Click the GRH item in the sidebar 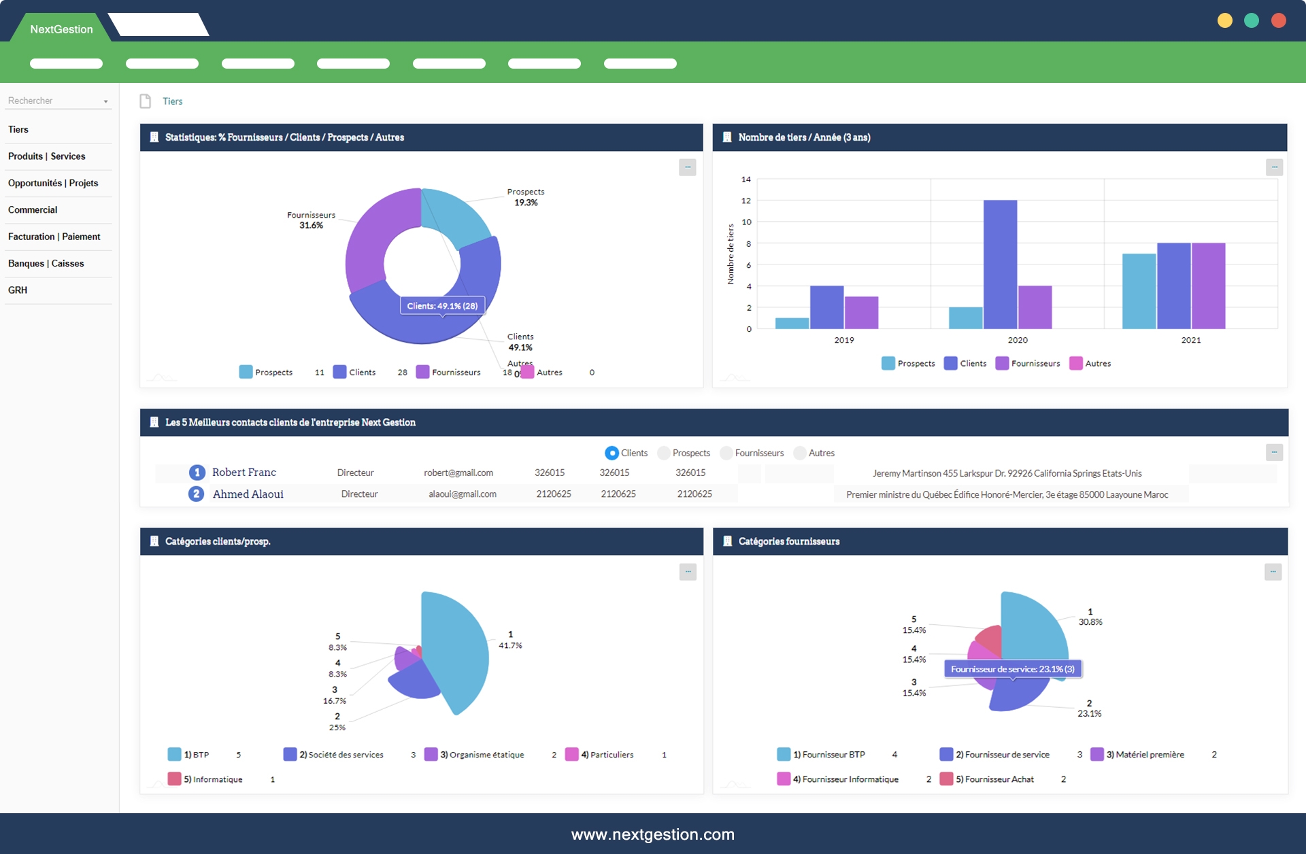(18, 290)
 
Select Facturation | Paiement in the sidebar (54, 237)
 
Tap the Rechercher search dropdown (58, 101)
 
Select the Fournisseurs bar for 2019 (861, 312)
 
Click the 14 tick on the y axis (746, 180)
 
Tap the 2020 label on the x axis (1017, 340)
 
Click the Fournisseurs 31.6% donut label (311, 220)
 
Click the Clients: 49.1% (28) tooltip (442, 306)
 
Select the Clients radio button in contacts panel (612, 453)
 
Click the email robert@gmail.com (458, 473)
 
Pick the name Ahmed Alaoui (248, 494)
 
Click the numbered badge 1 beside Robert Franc (197, 473)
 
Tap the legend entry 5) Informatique (212, 779)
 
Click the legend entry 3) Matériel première (1144, 755)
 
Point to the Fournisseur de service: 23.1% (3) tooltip (1012, 669)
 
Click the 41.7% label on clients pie (510, 645)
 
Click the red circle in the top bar (1278, 20)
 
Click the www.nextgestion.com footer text (652, 834)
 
